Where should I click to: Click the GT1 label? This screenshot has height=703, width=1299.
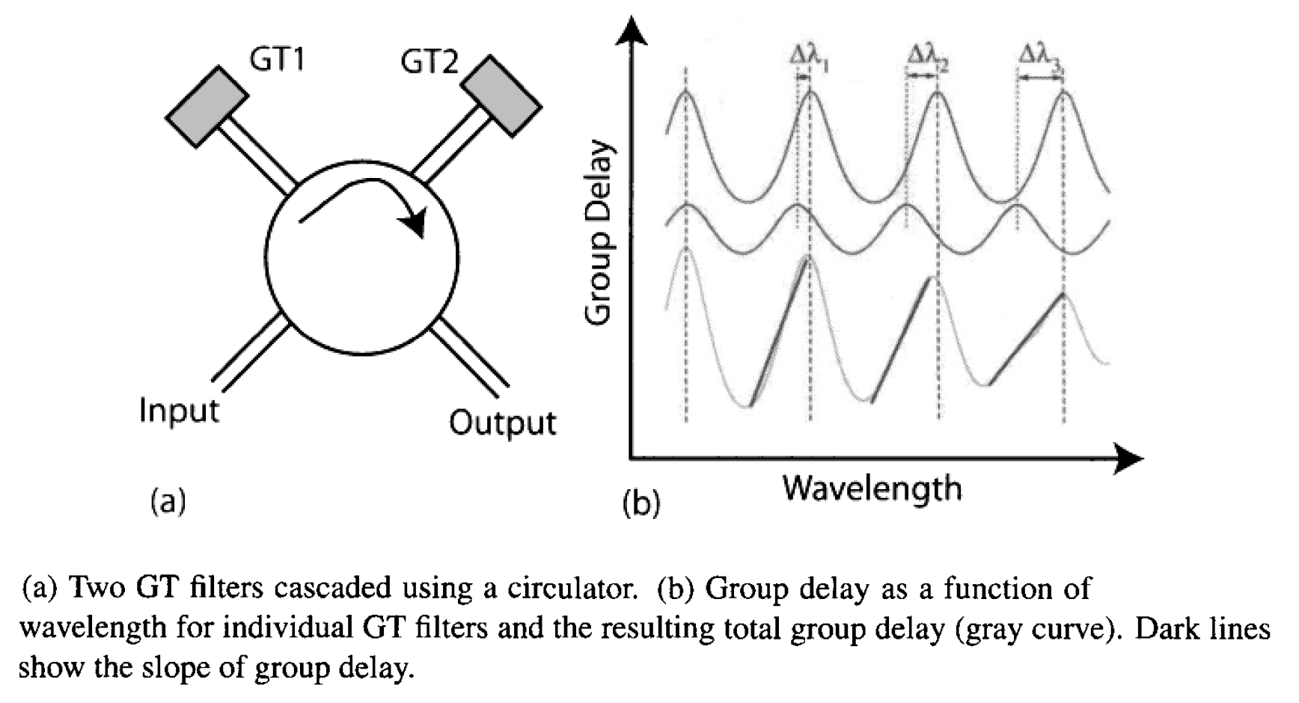(278, 58)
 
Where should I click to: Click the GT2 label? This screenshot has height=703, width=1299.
(429, 61)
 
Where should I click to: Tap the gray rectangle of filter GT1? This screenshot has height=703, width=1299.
(206, 107)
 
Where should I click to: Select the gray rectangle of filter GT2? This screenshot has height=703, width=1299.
(501, 95)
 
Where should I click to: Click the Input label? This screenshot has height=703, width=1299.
(179, 411)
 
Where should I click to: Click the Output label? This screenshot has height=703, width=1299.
(502, 423)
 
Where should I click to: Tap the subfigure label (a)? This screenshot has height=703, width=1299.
(168, 500)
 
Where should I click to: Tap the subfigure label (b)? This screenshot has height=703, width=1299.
(641, 503)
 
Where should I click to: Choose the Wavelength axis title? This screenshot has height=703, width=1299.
(872, 488)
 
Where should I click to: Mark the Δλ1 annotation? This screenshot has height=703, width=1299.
(809, 58)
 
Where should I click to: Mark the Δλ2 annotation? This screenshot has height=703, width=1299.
(927, 58)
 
